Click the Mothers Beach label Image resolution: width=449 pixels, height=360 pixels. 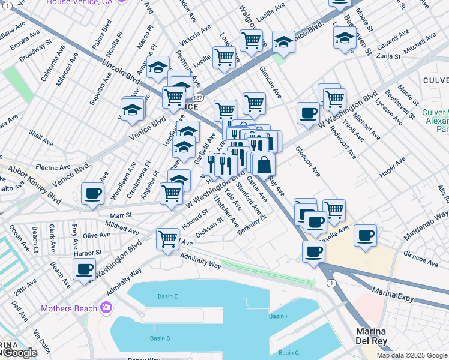[x=68, y=308]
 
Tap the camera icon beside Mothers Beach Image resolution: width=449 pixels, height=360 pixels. [x=106, y=308]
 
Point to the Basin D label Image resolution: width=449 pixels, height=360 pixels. [x=160, y=338]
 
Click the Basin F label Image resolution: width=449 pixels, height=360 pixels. [x=279, y=316]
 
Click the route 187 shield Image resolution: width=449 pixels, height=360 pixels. [x=199, y=96]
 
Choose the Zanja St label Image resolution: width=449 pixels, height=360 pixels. [x=388, y=56]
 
